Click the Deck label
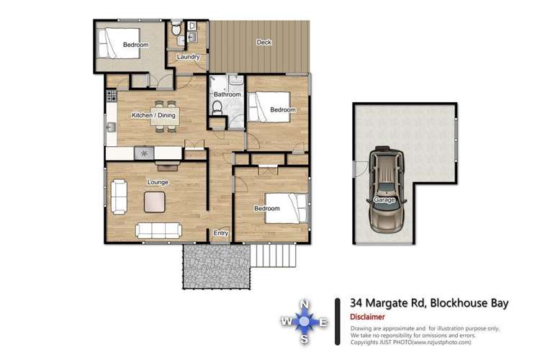(264, 42)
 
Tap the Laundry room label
(188, 57)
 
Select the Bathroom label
(225, 94)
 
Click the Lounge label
(158, 182)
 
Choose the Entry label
(221, 233)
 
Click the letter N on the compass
(305, 304)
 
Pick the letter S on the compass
(305, 340)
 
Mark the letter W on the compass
(286, 322)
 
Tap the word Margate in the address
(394, 303)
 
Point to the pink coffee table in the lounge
(154, 202)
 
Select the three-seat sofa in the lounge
(158, 230)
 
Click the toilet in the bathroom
(217, 109)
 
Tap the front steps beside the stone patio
(273, 256)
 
